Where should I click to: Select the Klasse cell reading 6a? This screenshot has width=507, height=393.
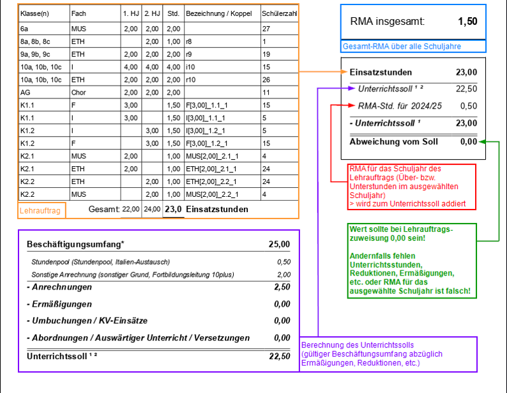click(x=24, y=29)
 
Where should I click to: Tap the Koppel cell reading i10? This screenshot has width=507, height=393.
click(x=190, y=67)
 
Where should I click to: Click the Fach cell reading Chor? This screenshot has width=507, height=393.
click(x=79, y=93)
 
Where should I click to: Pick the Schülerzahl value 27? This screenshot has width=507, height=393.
click(x=266, y=29)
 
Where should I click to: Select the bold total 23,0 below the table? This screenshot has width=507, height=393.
click(x=173, y=209)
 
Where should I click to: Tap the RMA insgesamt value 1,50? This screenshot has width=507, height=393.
click(x=467, y=21)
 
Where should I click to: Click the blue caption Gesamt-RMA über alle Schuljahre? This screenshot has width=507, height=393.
click(x=402, y=46)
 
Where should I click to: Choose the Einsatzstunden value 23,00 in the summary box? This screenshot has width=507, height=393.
click(x=466, y=72)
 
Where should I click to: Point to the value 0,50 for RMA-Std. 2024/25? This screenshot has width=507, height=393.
click(x=468, y=106)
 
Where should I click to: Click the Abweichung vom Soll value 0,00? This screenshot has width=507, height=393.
click(x=467, y=141)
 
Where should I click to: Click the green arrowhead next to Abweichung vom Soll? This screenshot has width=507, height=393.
click(x=481, y=141)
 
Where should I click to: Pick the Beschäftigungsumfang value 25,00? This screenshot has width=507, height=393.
click(x=279, y=244)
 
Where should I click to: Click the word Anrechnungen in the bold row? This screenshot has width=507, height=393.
click(x=61, y=287)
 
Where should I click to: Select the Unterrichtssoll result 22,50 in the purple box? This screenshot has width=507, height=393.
click(x=279, y=356)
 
